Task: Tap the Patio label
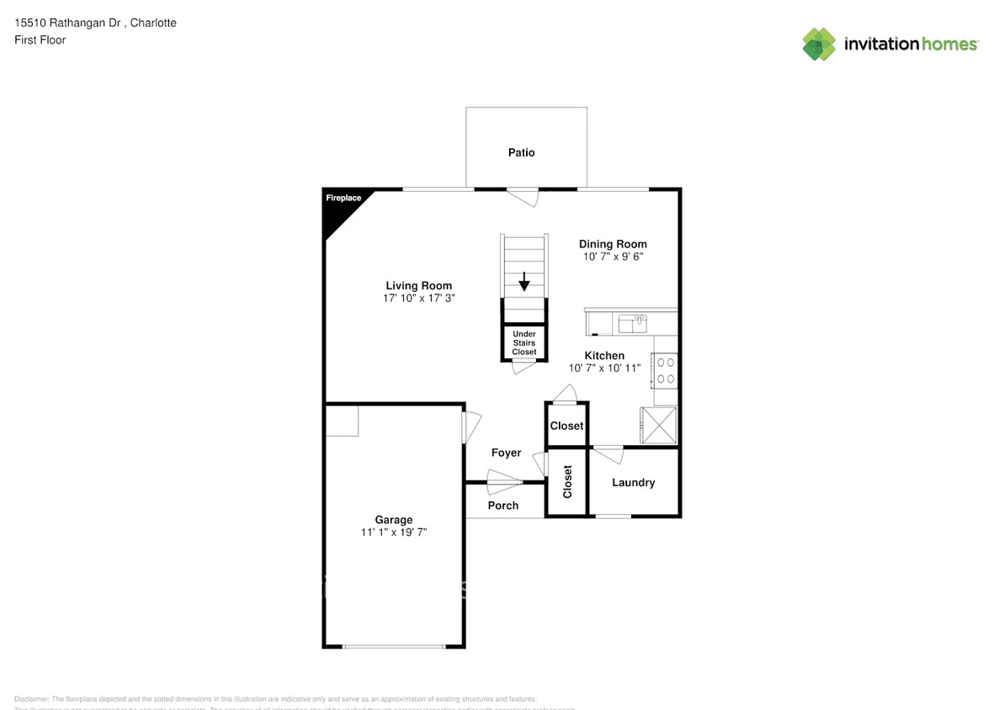click(521, 152)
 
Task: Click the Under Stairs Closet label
click(524, 343)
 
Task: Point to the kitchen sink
click(631, 323)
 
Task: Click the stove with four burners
click(666, 370)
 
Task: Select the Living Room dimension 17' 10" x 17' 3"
click(418, 299)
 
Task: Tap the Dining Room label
click(613, 244)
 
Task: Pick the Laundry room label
click(633, 482)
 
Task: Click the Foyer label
click(506, 453)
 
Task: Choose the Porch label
click(503, 506)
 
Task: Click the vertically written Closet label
click(567, 482)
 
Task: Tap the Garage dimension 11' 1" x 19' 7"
click(394, 532)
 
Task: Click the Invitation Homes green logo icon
click(819, 44)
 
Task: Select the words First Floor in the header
click(40, 40)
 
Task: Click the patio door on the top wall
click(523, 195)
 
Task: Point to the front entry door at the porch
click(505, 484)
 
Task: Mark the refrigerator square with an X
click(658, 424)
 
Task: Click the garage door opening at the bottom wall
click(394, 646)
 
